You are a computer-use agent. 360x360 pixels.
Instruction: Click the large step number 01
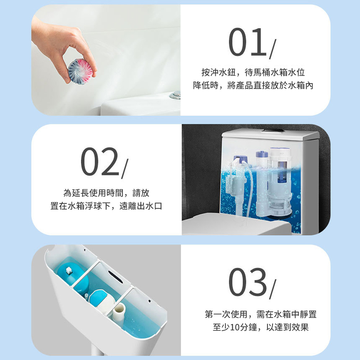pos(248,42)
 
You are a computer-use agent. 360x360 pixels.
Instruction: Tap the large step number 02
pos(100,161)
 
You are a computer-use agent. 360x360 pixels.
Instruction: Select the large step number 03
pos(248,282)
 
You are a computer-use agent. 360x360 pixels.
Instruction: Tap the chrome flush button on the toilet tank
pos(175,94)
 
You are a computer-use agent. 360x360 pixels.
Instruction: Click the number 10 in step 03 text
pos(235,327)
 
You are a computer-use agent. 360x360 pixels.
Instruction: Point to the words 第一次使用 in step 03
pos(226,314)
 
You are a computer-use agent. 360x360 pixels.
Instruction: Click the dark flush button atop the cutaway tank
pos(273,131)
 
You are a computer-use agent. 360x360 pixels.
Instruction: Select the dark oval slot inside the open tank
pos(115,276)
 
